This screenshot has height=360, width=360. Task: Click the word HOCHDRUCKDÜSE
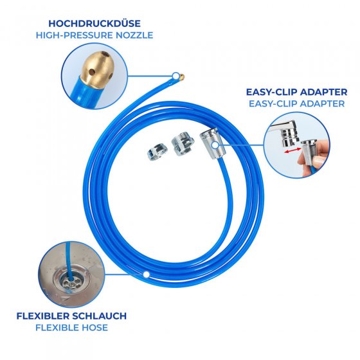point(94,23)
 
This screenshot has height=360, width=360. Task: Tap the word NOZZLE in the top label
point(134,35)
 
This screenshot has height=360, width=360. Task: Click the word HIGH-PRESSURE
point(75,35)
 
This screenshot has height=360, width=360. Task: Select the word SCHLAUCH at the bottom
point(99,316)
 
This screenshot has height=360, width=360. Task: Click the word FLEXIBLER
point(43,316)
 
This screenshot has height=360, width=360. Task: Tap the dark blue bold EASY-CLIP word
point(271,92)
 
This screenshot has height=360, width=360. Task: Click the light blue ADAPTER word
point(322,104)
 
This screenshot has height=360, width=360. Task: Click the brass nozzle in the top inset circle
point(97,69)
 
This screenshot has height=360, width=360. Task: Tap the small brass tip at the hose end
point(181,77)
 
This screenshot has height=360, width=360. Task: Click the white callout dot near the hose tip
point(176,76)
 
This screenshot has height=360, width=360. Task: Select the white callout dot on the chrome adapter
point(215,145)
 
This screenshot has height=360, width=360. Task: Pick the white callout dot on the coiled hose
point(146,274)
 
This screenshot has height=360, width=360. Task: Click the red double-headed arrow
point(292,150)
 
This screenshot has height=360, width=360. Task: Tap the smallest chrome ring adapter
point(157,152)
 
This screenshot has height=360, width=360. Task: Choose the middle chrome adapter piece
point(183,144)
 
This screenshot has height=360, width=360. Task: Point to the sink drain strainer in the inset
point(71,281)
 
